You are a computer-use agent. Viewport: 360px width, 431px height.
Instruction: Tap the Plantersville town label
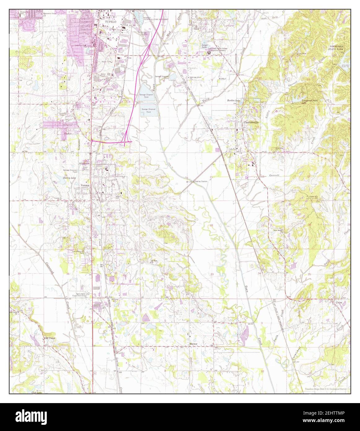coord(251,122)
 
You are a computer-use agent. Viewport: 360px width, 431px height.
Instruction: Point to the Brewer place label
coord(193,344)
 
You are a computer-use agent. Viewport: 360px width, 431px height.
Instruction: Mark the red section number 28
coord(212,225)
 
